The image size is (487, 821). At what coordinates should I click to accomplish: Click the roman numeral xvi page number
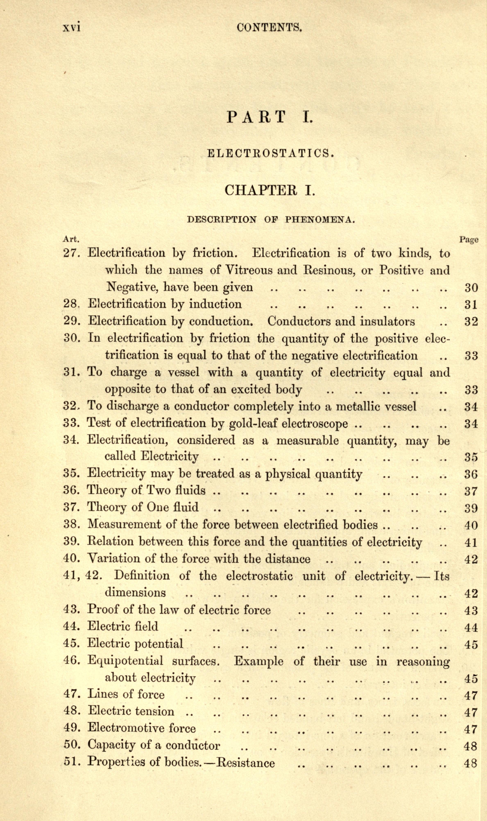[x=71, y=27]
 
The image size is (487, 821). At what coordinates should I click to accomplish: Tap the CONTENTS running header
[x=269, y=27]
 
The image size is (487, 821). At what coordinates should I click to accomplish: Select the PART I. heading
[x=270, y=117]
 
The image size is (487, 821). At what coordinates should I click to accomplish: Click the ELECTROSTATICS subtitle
[x=271, y=153]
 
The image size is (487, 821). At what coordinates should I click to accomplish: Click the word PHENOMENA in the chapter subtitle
[x=320, y=219]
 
